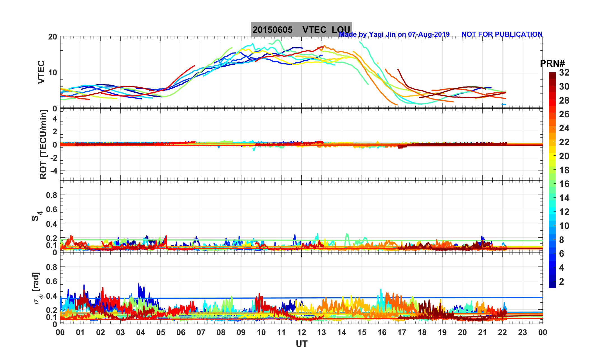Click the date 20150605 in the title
click(272, 30)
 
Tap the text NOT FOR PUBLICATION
click(502, 34)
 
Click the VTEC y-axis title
click(41, 72)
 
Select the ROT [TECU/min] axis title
click(43, 144)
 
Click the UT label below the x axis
click(302, 344)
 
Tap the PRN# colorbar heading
click(552, 64)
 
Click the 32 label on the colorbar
click(564, 73)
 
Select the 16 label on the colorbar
click(564, 184)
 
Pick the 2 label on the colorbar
click(562, 282)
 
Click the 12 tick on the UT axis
click(301, 333)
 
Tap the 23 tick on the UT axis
click(523, 333)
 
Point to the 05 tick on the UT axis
click(161, 333)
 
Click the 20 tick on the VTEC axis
click(52, 37)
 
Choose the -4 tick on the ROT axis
click(53, 170)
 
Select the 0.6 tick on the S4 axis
click(51, 209)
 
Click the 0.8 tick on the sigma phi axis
click(51, 267)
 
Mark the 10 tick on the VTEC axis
click(52, 73)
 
